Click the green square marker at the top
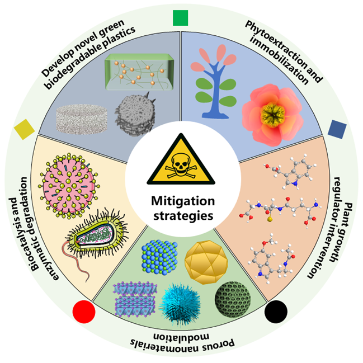click(x=180, y=18)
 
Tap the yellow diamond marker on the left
click(x=24, y=129)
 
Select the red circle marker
click(x=84, y=312)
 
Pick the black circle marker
click(x=276, y=312)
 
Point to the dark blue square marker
click(x=337, y=129)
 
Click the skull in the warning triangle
click(x=181, y=166)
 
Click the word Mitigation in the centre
click(x=183, y=201)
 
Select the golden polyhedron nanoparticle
click(x=206, y=262)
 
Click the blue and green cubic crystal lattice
click(x=159, y=257)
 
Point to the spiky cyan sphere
click(x=180, y=304)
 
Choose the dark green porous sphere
click(x=233, y=299)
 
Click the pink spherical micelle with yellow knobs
click(x=69, y=186)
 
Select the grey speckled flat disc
click(x=82, y=119)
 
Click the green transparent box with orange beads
click(x=139, y=72)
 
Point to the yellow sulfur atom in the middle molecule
click(x=269, y=219)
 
